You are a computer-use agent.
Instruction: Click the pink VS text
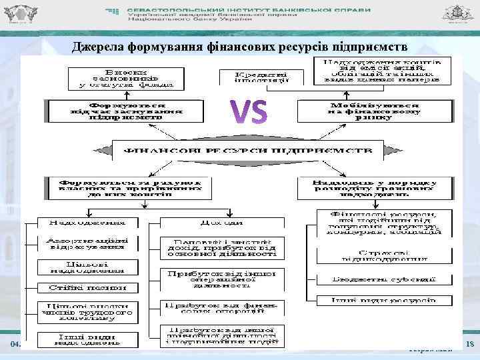pyautogui.click(x=249, y=111)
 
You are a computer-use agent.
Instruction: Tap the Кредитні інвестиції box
pyautogui.click(x=262, y=77)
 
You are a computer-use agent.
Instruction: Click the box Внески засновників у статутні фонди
pyautogui.click(x=126, y=76)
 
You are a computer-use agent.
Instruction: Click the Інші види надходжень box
pyautogui.click(x=83, y=338)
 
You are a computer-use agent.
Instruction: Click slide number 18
pyautogui.click(x=469, y=344)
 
